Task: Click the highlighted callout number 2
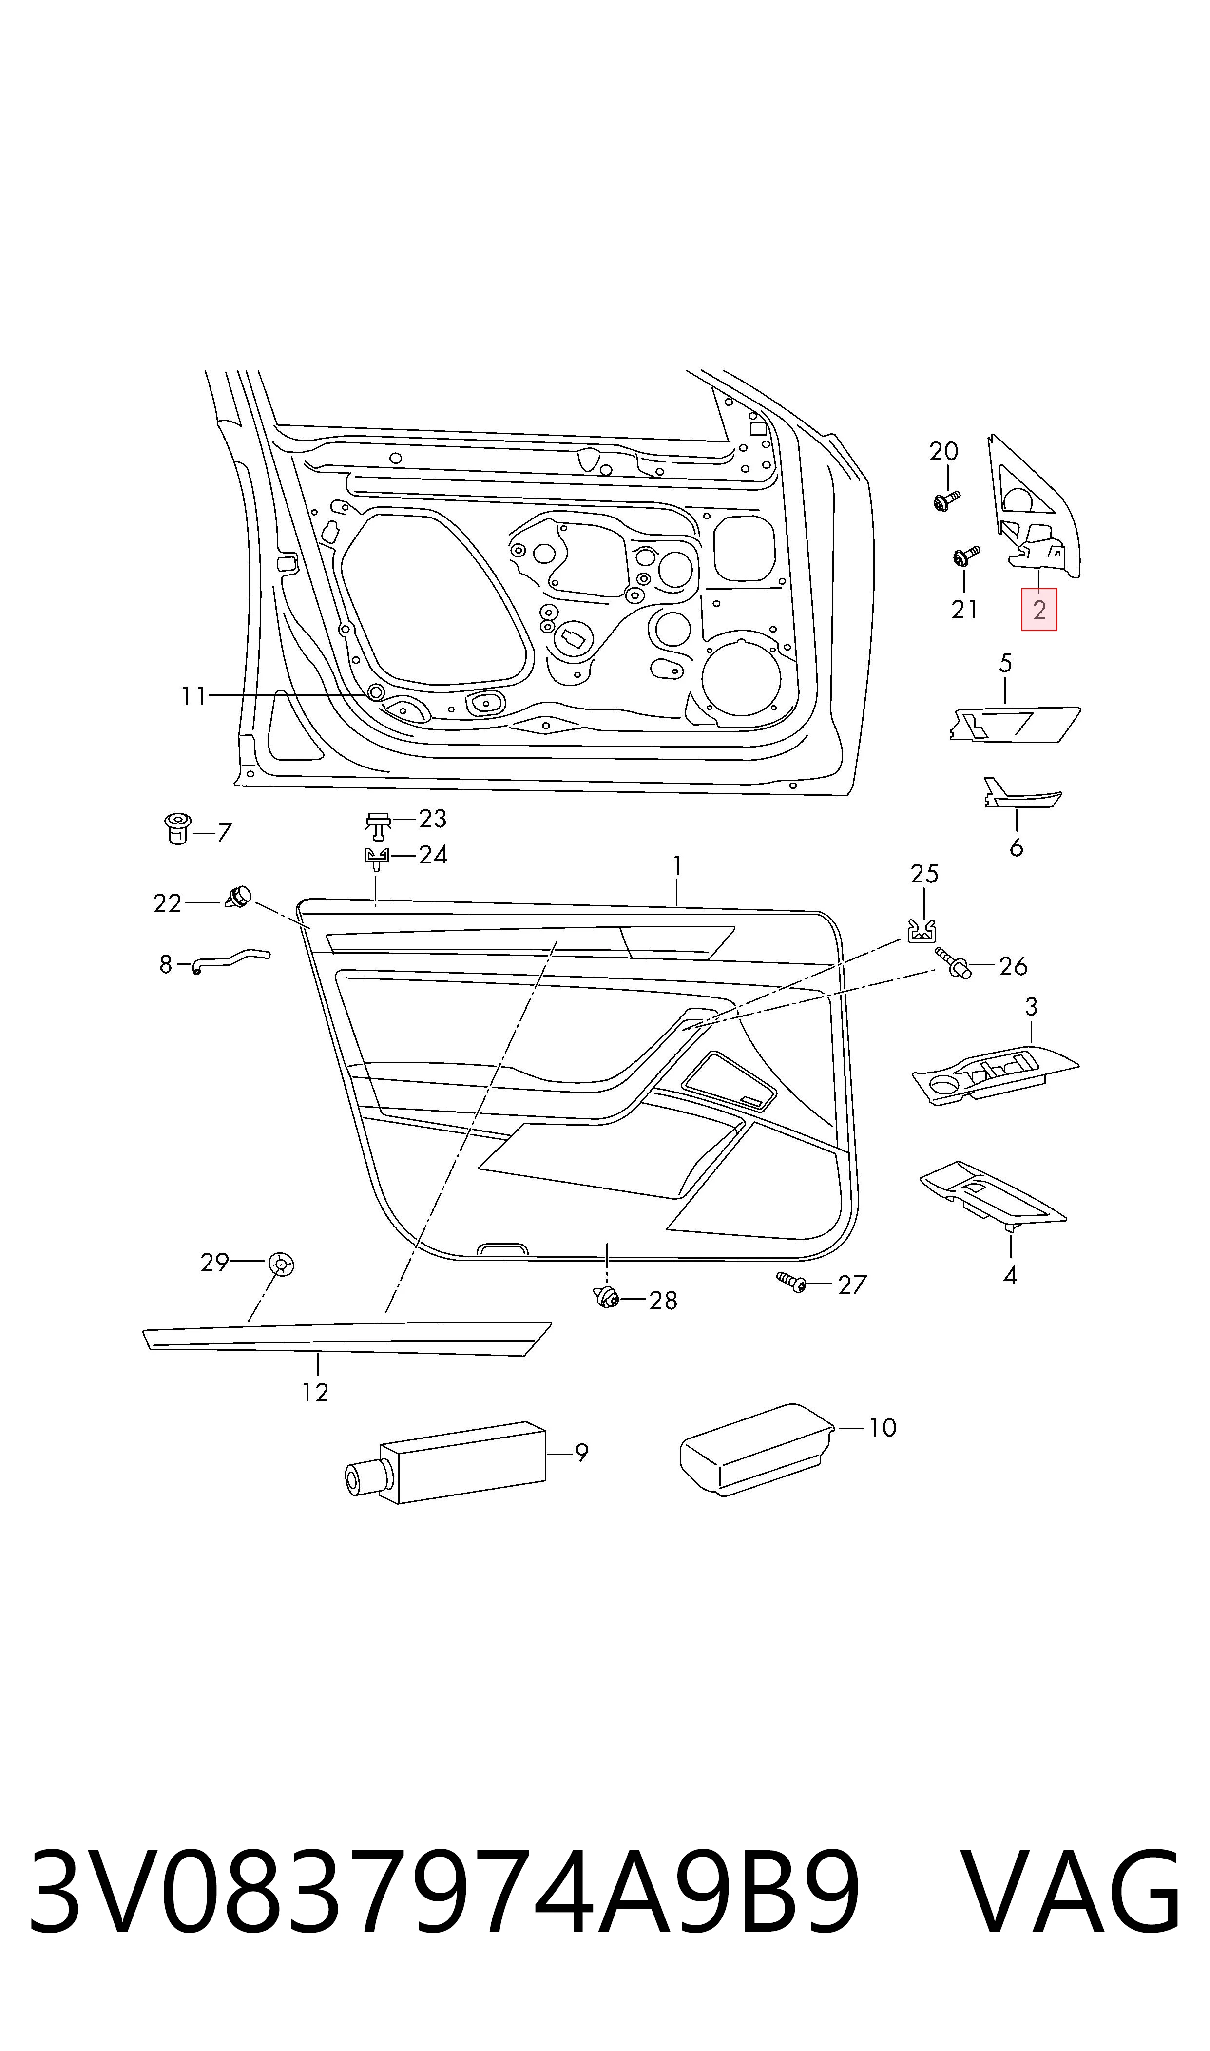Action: click(x=1039, y=609)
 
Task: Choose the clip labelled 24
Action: click(x=375, y=859)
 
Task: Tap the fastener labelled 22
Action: click(x=237, y=897)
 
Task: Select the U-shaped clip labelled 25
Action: click(x=922, y=931)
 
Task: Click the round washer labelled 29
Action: click(x=281, y=1265)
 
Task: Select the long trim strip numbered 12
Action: click(x=346, y=1338)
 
